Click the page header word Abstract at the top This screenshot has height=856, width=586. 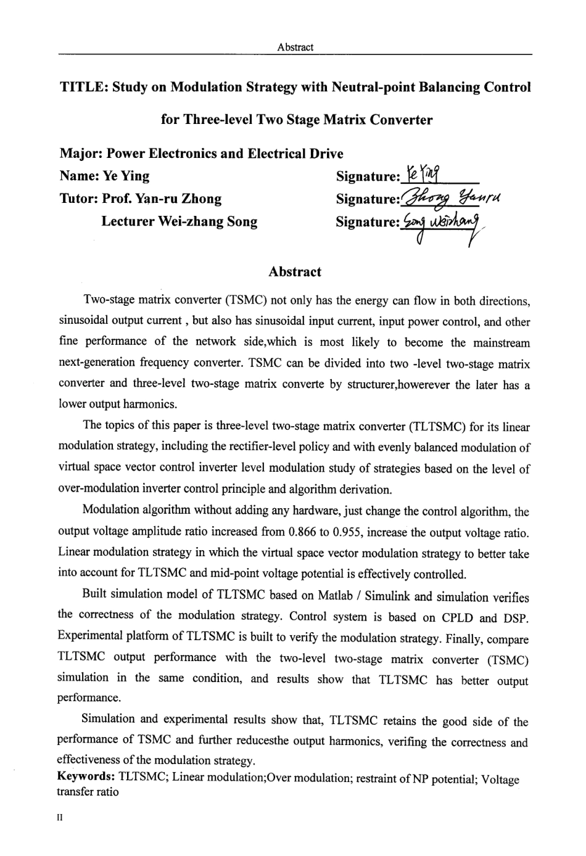[295, 47]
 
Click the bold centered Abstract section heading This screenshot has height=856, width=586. [295, 272]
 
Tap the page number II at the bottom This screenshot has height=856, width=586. [60, 818]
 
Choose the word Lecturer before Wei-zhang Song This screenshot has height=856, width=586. [128, 221]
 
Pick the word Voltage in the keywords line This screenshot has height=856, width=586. [500, 779]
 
